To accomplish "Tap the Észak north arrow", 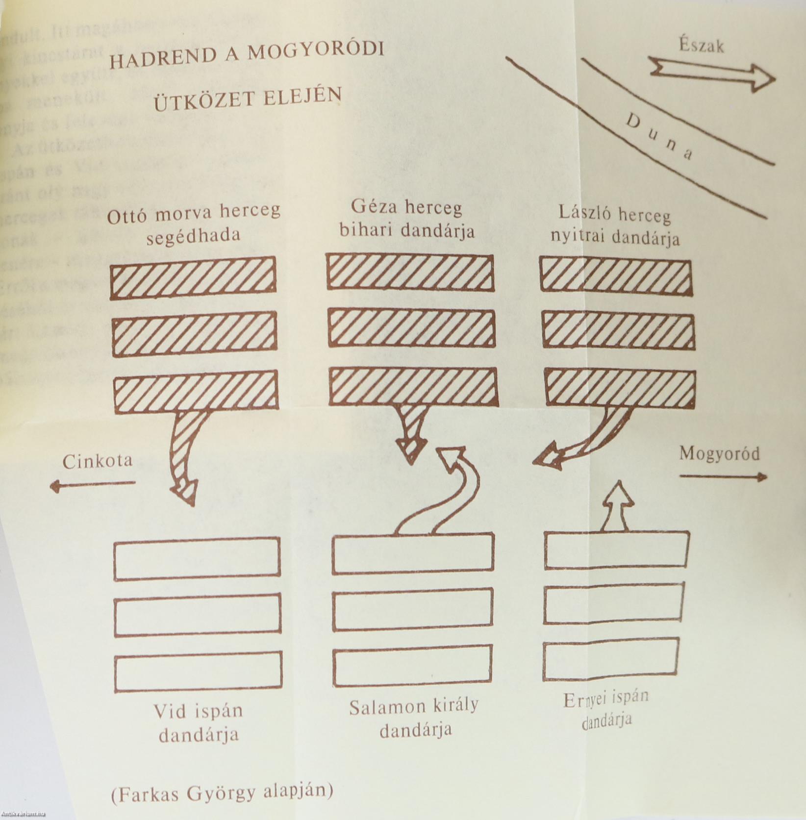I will click(711, 74).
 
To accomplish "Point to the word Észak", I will click(702, 46).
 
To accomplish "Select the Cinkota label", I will click(98, 461).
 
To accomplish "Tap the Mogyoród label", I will click(719, 454).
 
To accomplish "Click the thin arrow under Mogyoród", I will click(723, 476).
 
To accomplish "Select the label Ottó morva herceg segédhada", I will click(194, 223).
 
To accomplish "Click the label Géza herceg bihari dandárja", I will click(407, 219).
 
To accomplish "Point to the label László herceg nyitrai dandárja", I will click(615, 226).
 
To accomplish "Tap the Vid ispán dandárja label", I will click(199, 723).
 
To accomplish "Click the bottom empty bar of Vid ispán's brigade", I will click(198, 672).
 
